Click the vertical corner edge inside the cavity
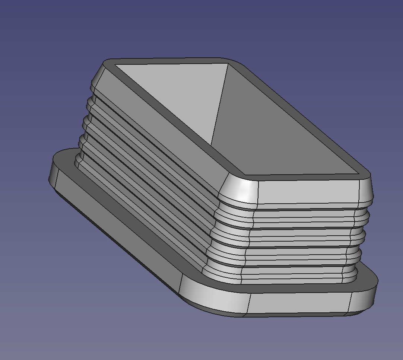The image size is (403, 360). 220,104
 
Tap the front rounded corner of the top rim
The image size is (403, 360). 238,176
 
